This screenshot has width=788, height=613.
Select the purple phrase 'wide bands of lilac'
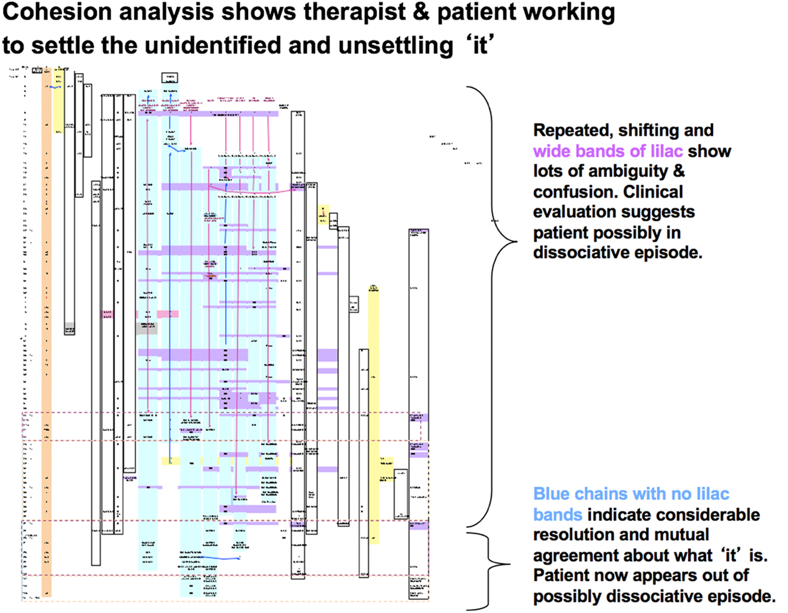pyautogui.click(x=608, y=151)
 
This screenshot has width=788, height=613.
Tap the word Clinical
pyautogui.click(x=653, y=192)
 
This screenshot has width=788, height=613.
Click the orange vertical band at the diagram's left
pyautogui.click(x=46, y=332)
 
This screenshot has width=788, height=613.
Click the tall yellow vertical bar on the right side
pyautogui.click(x=373, y=415)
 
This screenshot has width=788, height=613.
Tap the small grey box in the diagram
pyautogui.click(x=147, y=328)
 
